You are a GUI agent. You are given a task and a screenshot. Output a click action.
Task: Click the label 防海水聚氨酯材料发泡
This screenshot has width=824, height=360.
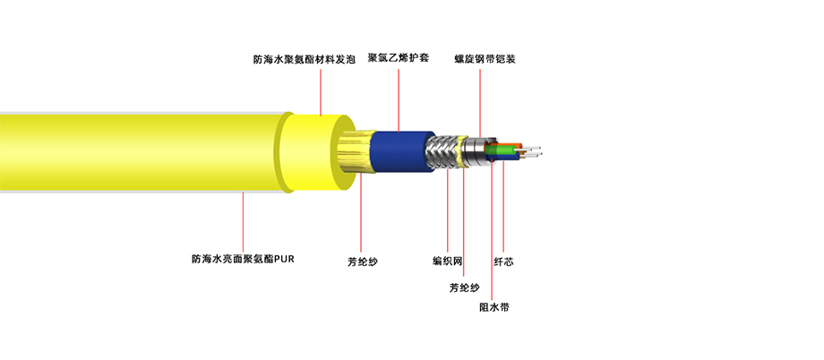(305, 60)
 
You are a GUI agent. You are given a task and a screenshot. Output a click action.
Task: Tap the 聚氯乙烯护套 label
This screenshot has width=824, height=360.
(399, 58)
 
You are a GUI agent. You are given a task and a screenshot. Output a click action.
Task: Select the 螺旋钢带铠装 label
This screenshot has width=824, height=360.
(485, 59)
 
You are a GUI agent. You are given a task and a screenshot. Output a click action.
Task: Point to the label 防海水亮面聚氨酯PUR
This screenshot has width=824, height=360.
(243, 259)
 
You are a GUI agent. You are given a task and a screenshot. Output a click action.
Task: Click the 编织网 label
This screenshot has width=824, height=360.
(447, 261)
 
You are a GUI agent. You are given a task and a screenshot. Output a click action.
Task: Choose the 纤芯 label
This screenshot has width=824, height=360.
(503, 261)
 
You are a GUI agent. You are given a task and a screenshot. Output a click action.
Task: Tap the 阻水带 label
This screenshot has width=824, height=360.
(494, 307)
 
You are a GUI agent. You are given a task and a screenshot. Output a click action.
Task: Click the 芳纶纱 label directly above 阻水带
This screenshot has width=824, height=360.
(464, 288)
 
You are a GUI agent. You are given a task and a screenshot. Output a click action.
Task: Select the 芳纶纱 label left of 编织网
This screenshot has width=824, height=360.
(362, 261)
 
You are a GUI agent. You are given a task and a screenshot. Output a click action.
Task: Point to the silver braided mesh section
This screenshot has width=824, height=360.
(444, 151)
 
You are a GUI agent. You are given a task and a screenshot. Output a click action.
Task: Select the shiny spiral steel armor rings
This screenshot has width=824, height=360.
(476, 151)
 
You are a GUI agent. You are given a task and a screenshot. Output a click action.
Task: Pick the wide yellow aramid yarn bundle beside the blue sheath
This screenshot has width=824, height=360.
(356, 152)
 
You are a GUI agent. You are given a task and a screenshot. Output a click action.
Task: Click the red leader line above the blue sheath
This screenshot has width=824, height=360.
(399, 100)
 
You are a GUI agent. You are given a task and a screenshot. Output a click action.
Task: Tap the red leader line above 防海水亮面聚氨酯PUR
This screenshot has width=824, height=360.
(243, 221)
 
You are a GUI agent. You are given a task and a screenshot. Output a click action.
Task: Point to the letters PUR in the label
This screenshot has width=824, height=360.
(285, 259)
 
